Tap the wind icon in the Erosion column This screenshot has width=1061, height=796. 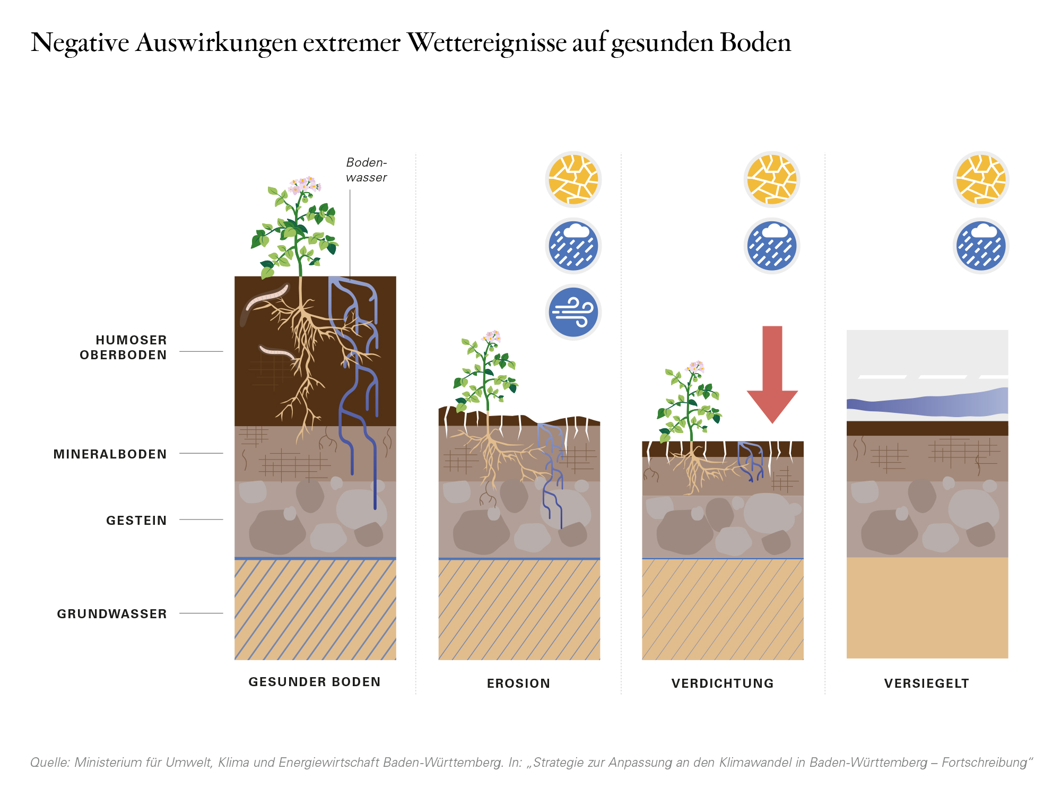[573, 312]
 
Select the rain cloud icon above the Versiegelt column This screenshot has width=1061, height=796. [981, 246]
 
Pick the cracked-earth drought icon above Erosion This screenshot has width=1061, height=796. [573, 179]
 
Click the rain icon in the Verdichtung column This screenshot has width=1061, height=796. [772, 246]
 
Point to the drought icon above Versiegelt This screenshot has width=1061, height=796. [981, 179]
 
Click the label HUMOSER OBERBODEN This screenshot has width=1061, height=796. [124, 348]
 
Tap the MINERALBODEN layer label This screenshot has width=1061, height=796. [110, 454]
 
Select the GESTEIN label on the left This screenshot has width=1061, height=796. [137, 521]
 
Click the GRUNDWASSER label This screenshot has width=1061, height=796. [112, 614]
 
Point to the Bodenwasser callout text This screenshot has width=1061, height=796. [367, 170]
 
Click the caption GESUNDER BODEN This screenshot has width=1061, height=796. [315, 682]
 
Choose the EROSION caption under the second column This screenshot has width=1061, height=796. [519, 683]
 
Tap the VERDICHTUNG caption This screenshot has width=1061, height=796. [723, 683]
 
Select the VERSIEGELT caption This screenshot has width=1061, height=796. [927, 683]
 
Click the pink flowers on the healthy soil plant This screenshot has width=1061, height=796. [305, 185]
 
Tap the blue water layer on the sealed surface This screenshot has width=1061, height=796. [927, 402]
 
